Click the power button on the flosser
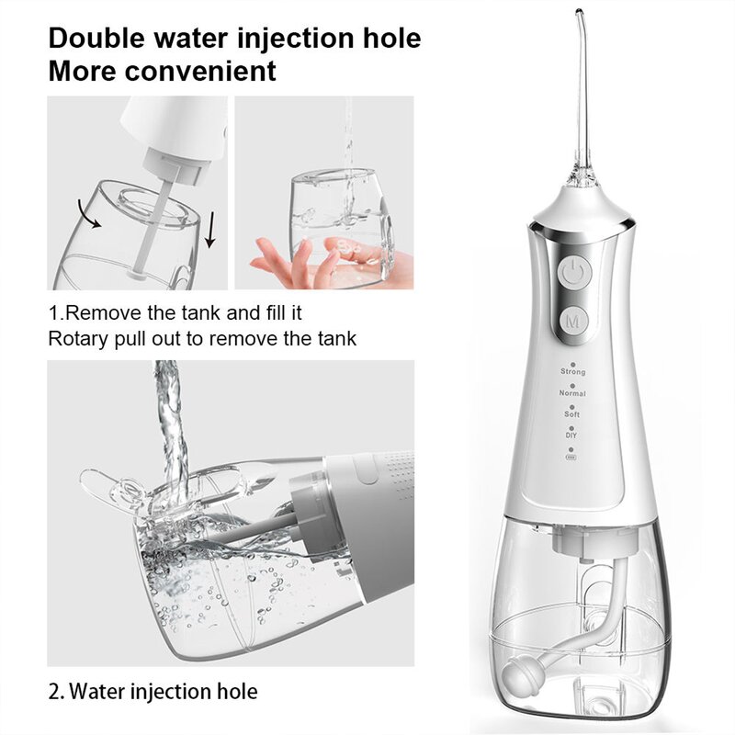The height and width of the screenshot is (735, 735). pos(572,272)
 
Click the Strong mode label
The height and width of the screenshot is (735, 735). pos(572,372)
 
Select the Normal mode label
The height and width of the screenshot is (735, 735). pos(572,393)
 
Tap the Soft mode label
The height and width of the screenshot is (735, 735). pos(572,414)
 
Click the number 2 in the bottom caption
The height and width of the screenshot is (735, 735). pos(53,691)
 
